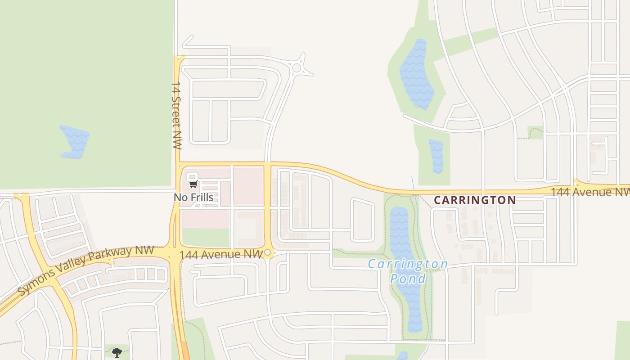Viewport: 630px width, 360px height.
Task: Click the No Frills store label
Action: click(193, 197)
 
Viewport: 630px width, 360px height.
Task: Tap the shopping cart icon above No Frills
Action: click(193, 184)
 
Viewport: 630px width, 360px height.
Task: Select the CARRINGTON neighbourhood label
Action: click(475, 200)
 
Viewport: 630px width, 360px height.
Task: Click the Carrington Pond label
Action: click(408, 271)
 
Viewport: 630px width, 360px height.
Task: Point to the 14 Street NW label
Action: click(176, 115)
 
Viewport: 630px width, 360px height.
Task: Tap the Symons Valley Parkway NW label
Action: click(86, 270)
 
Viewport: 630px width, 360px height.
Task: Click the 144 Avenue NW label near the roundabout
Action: click(220, 255)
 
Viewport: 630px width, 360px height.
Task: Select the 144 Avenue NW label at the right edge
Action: click(589, 192)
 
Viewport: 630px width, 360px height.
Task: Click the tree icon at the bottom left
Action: click(117, 352)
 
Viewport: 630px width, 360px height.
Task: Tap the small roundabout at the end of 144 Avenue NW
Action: click(268, 253)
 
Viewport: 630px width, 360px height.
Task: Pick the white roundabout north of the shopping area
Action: click(297, 68)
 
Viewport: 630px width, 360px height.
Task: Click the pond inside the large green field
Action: click(74, 141)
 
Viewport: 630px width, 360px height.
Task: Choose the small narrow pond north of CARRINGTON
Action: click(436, 156)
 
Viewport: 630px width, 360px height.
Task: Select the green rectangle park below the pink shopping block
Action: click(206, 238)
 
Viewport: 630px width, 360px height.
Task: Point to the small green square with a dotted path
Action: click(535, 132)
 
